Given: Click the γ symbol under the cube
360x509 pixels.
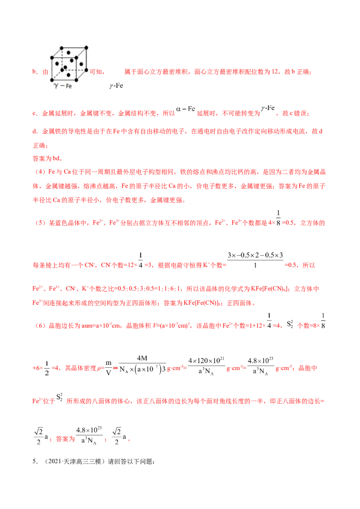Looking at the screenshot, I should pos(56,85).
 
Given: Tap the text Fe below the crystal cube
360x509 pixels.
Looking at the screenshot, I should pos(69,86).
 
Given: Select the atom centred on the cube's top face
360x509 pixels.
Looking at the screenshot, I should pos(68,52).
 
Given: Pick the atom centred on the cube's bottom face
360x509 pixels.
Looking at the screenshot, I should pos(69,75).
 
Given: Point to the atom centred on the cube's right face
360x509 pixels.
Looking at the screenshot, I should pos(81,64).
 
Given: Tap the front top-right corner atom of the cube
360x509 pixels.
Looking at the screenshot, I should pos(76,58).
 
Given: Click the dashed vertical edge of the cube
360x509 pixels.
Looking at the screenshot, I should pos(63,61).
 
